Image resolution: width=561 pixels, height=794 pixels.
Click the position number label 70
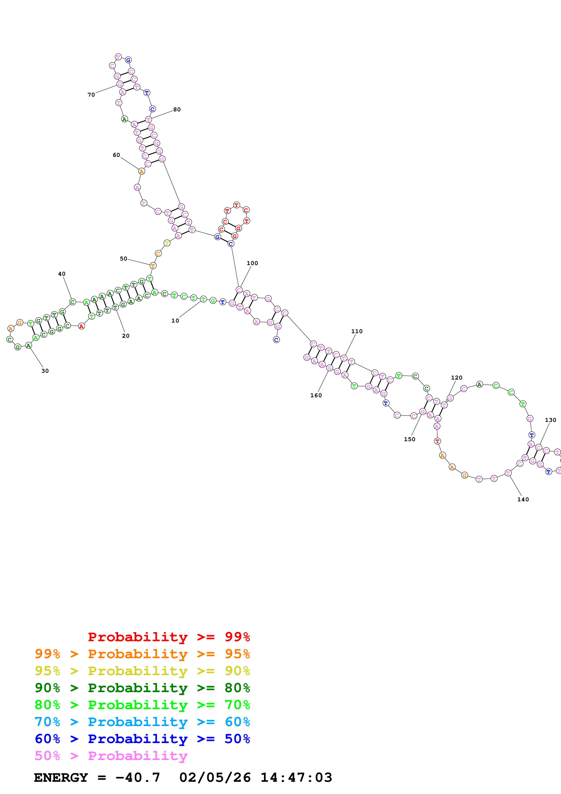[x=91, y=95]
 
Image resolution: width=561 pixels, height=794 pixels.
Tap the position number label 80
[x=177, y=110]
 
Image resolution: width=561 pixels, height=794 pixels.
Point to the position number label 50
[x=123, y=259]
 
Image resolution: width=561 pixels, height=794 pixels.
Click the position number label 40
[x=62, y=274]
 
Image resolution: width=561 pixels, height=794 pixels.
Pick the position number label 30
[x=45, y=371]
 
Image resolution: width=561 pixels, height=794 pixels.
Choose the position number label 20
[x=126, y=336]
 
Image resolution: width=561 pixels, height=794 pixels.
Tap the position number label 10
[x=175, y=320]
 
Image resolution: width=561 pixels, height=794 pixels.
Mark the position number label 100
[x=252, y=263]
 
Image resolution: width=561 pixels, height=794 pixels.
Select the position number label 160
[x=316, y=395]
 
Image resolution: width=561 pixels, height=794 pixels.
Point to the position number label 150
[x=410, y=439]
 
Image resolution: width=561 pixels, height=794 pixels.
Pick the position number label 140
[x=523, y=499]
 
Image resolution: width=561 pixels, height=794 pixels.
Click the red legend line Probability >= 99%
[x=169, y=637]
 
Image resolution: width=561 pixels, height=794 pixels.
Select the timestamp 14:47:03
[x=296, y=777]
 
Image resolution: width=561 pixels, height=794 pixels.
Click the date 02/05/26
[x=215, y=777]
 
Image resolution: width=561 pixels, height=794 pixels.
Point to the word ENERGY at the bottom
[x=61, y=777]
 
